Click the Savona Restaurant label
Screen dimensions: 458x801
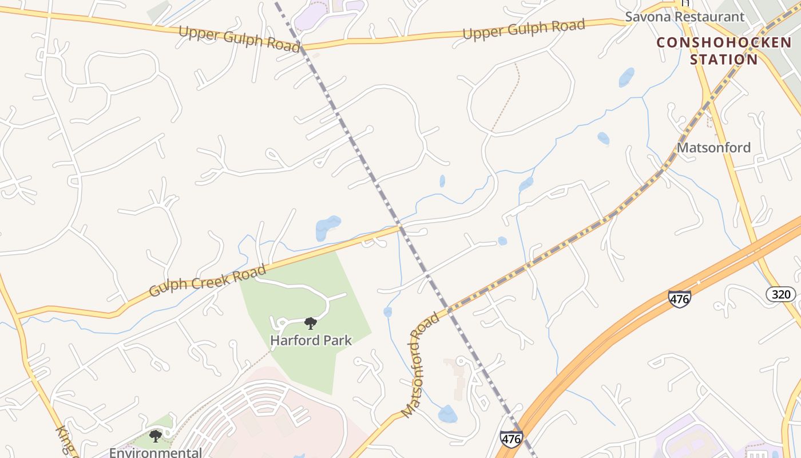[x=684, y=17]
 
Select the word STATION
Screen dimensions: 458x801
[x=724, y=59]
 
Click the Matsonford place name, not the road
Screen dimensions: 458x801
[x=713, y=148]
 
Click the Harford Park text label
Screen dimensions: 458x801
[x=311, y=340]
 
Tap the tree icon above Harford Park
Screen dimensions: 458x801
[x=311, y=323]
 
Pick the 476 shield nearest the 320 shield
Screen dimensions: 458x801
[x=679, y=298]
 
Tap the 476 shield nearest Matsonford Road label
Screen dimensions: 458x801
[x=511, y=439]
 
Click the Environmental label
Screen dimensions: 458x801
[x=155, y=453]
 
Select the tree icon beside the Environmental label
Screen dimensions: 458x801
[x=155, y=437]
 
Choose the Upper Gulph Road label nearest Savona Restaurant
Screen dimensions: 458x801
[x=524, y=29]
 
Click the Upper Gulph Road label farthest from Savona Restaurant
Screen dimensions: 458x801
[x=239, y=39]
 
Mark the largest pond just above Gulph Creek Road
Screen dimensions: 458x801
[x=327, y=227]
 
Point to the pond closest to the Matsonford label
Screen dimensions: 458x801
[x=603, y=138]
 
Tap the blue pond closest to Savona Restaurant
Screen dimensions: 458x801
[x=626, y=77]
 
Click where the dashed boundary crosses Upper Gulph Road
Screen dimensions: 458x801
[x=302, y=46]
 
